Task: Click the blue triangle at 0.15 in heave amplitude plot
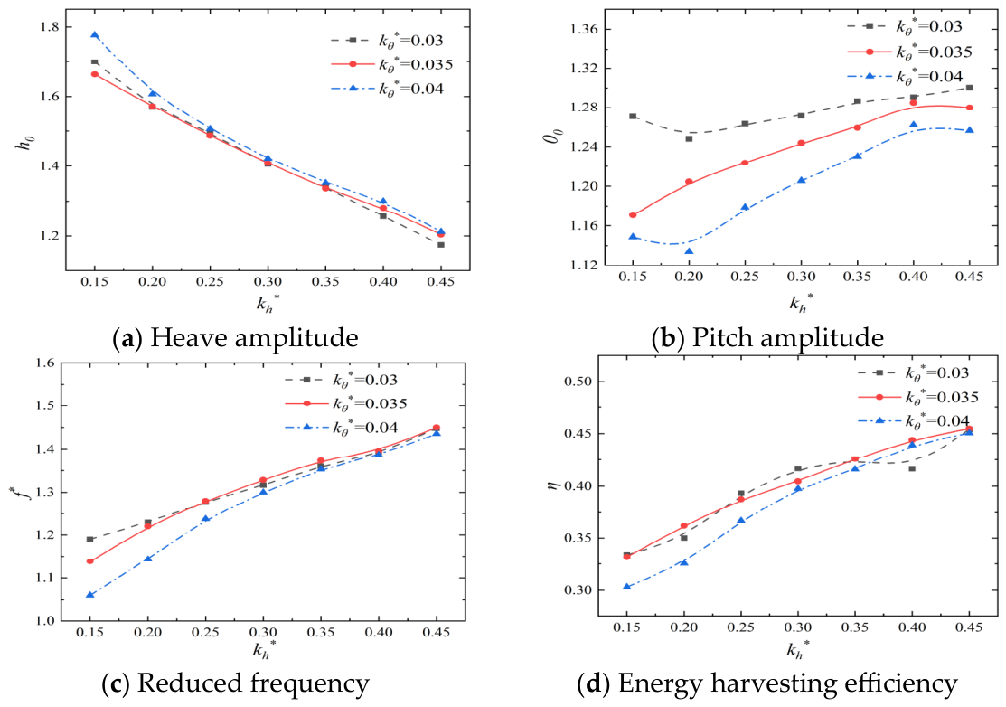pos(95,35)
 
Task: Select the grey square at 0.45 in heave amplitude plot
pos(441,244)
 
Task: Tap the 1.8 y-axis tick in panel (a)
pos(49,27)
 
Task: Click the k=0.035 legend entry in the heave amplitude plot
pos(392,65)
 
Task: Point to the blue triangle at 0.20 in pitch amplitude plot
pos(689,251)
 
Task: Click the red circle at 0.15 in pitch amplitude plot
pos(634,215)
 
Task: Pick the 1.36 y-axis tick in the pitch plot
pos(583,30)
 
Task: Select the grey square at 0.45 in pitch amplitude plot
pos(970,88)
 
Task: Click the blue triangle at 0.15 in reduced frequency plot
pos(89,595)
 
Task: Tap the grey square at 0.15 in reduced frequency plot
pos(89,539)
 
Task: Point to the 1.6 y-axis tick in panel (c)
pos(45,363)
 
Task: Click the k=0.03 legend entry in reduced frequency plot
pos(342,380)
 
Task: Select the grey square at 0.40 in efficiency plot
pos(912,468)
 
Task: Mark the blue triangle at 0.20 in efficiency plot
pos(684,562)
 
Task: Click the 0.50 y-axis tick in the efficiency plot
pos(576,382)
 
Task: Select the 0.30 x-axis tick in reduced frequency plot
pos(263,633)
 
